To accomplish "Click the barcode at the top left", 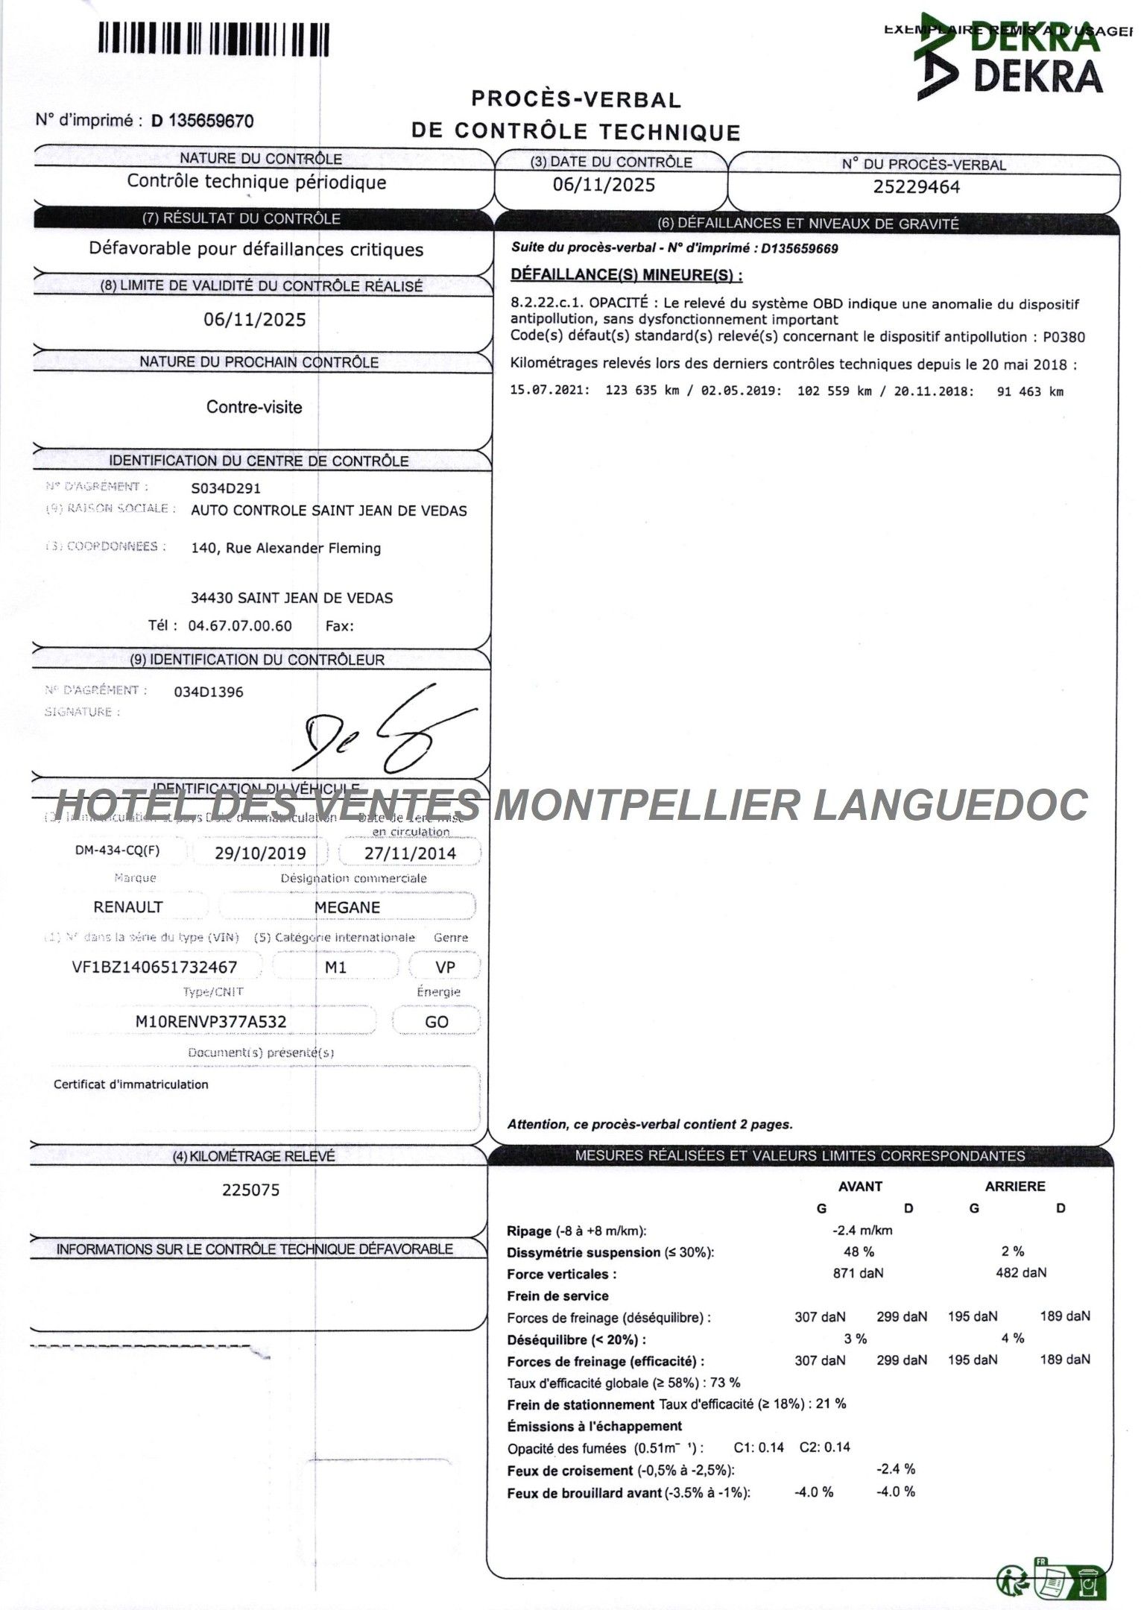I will tap(213, 39).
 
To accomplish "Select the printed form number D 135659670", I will tap(202, 121).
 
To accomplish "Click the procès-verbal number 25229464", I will tap(916, 187).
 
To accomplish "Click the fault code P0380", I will tap(1063, 337).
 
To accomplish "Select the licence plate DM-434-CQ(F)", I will tap(117, 850).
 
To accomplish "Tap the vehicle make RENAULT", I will tap(127, 907).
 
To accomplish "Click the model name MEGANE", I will tap(347, 907).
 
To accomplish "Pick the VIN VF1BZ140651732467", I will tap(154, 967).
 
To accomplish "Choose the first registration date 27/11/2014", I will tap(409, 853).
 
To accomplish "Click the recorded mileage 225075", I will tap(250, 1190).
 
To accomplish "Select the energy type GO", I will tap(436, 1021).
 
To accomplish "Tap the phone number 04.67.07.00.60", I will tap(240, 625).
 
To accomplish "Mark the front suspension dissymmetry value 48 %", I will tap(859, 1252).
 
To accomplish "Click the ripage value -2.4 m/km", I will tap(862, 1231).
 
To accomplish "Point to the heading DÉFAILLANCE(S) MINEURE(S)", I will tap(626, 275).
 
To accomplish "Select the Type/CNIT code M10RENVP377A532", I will tap(210, 1021).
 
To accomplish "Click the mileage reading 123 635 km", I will tap(642, 391).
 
